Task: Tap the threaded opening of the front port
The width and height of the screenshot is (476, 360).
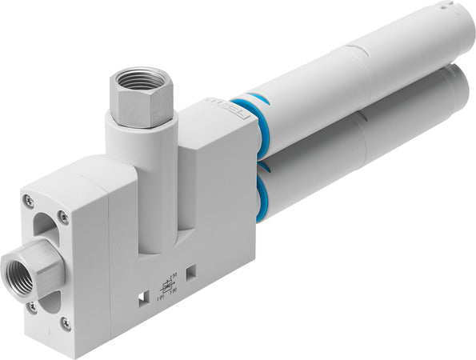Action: (x=19, y=272)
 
